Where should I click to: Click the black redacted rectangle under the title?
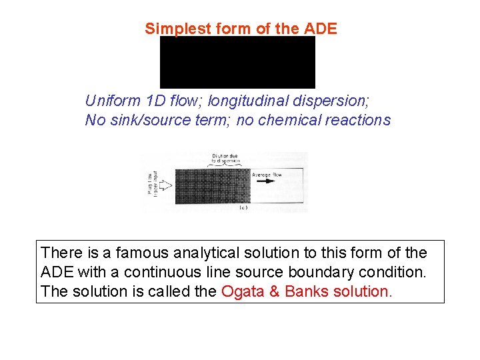point(237,62)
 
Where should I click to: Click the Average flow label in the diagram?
point(267,175)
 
